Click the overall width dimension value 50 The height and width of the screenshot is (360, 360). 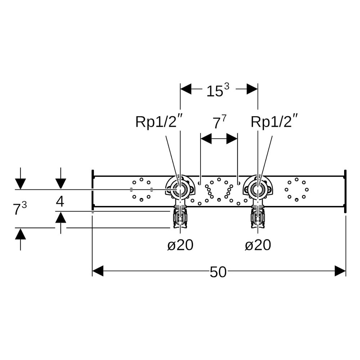tap(218, 272)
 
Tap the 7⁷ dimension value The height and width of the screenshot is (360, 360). tap(220, 122)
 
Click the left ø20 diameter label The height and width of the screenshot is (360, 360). tap(180, 245)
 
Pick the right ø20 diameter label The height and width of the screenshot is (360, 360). tap(258, 245)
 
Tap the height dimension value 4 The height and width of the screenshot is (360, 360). tap(60, 202)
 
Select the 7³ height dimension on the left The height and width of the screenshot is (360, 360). tap(20, 208)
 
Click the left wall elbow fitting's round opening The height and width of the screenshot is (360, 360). tap(180, 190)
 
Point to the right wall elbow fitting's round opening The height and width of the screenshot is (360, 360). tap(258, 190)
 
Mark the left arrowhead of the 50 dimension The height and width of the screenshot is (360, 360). tap(98, 271)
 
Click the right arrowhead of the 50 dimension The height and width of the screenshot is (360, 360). tap(340, 271)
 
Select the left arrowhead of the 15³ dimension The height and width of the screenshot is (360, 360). tap(186, 89)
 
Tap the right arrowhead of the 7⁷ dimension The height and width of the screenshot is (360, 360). tap(232, 139)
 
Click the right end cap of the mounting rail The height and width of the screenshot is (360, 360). tap(345, 191)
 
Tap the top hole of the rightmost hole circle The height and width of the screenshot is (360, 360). tap(297, 179)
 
